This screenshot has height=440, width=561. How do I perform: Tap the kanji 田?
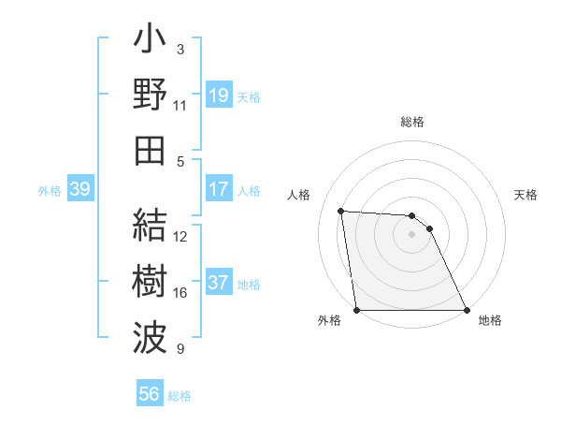(x=150, y=150)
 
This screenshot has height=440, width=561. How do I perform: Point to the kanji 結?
(x=150, y=225)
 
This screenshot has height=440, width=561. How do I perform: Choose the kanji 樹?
(x=150, y=281)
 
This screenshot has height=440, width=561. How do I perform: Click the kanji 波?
(x=150, y=337)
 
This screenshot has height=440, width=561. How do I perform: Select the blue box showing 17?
(x=219, y=189)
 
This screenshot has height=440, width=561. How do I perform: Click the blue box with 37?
(x=219, y=283)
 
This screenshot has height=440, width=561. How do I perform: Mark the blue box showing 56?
(x=149, y=394)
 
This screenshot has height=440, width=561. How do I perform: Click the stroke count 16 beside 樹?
(x=180, y=293)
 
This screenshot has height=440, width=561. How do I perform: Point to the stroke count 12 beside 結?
(x=180, y=237)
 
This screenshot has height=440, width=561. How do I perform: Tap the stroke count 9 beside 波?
(x=180, y=349)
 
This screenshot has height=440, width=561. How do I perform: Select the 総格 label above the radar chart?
(x=412, y=122)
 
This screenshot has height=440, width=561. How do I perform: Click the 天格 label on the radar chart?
(x=526, y=195)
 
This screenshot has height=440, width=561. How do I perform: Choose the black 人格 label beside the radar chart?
(x=298, y=195)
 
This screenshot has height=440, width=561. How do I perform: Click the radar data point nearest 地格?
(x=467, y=310)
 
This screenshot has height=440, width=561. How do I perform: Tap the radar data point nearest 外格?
(x=357, y=310)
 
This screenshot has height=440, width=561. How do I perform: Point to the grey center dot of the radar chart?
(x=412, y=234)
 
